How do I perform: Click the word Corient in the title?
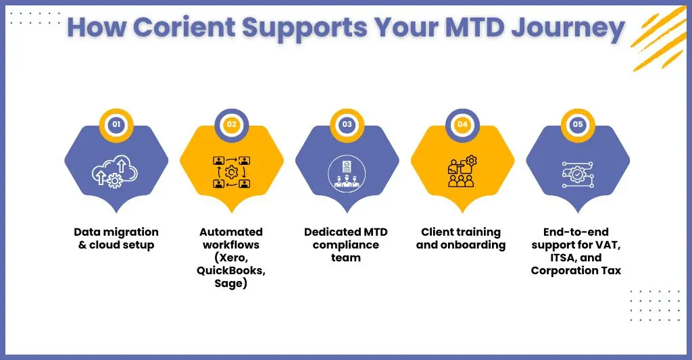[184, 27]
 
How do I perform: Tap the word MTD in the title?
[474, 27]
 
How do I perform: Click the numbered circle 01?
[116, 124]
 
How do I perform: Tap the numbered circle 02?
[232, 124]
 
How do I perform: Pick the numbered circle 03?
[347, 124]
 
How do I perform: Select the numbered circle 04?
[462, 124]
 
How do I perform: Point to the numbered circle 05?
[578, 124]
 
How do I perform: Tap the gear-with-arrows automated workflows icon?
[232, 172]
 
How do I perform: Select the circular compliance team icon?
[347, 173]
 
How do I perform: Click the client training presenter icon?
[462, 171]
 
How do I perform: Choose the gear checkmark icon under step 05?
[578, 174]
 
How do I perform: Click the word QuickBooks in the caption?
[231, 270]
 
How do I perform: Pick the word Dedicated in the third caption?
[326, 232]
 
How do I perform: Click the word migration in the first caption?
[132, 232]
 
